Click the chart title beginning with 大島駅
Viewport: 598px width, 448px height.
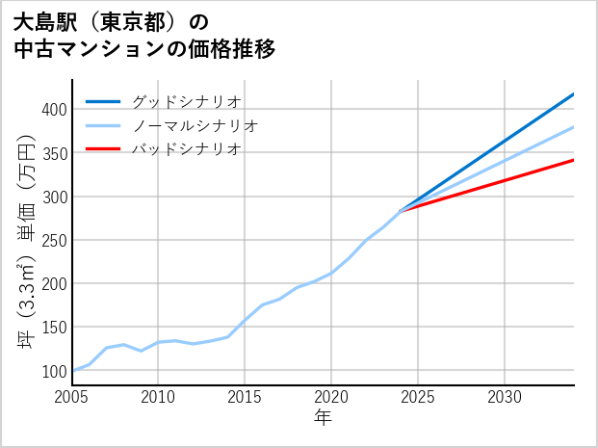pyautogui.click(x=144, y=35)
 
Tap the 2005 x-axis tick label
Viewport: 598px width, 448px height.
pyautogui.click(x=72, y=397)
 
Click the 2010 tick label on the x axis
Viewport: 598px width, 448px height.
pyautogui.click(x=159, y=397)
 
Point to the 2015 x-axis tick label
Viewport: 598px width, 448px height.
pyautogui.click(x=246, y=397)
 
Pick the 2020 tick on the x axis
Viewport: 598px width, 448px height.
pyautogui.click(x=331, y=397)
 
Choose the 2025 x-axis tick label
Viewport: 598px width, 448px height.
pyautogui.click(x=418, y=397)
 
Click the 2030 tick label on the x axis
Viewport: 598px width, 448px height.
pyautogui.click(x=505, y=397)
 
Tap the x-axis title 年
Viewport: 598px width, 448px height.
pyautogui.click(x=324, y=417)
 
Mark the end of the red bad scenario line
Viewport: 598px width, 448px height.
pyautogui.click(x=573, y=160)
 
